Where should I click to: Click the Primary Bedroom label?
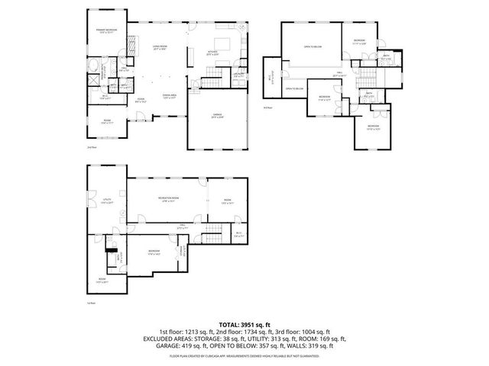coord(105,30)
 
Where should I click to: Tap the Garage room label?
coord(217,117)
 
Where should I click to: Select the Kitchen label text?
coord(215,53)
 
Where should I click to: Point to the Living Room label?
coord(159,47)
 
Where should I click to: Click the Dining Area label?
coord(170,96)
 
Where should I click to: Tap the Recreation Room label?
coord(169,200)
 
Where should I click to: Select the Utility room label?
coord(107,201)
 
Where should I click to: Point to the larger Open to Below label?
coord(313,47)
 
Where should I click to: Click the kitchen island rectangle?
coord(225,42)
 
